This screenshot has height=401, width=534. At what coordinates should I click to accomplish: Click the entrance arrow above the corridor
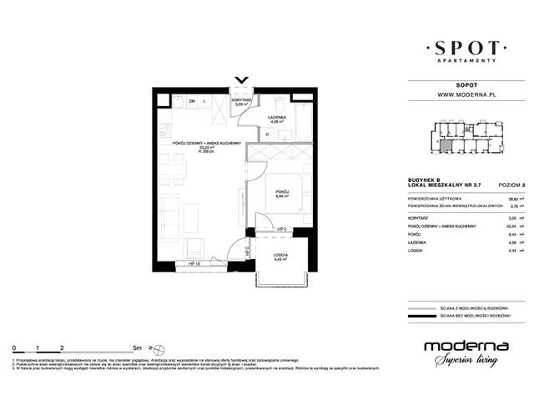point(243,81)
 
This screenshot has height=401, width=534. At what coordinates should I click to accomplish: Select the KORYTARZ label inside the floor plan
point(244,100)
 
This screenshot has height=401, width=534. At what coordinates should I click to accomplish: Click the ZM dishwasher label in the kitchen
point(191,101)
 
